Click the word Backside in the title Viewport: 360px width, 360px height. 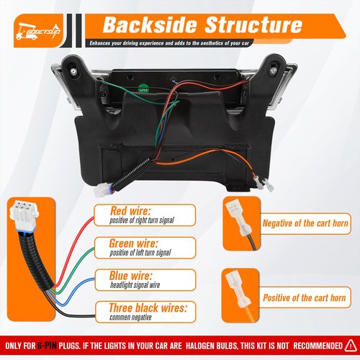click(150, 25)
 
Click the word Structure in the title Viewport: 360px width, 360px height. click(253, 25)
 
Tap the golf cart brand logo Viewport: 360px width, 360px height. click(37, 32)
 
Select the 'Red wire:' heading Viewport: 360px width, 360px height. click(130, 211)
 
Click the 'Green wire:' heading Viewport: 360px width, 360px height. click(134, 243)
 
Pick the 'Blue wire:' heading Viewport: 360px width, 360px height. click(131, 276)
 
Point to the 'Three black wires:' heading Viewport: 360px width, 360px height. click(148, 307)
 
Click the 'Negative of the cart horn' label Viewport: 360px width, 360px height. click(305, 223)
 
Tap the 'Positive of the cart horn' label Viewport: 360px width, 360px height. click(305, 298)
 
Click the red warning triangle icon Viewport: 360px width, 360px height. click(351, 346)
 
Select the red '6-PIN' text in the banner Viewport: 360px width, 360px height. click(47, 346)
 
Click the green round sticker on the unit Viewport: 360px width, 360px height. click(144, 88)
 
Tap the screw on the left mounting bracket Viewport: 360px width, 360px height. click(73, 71)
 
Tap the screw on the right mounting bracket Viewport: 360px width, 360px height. click(273, 71)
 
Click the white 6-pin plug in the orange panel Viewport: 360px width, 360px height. click(24, 213)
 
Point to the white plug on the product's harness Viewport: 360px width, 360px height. click(101, 190)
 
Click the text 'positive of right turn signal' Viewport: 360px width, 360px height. click(142, 220)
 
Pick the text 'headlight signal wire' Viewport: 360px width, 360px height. click(135, 285)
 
